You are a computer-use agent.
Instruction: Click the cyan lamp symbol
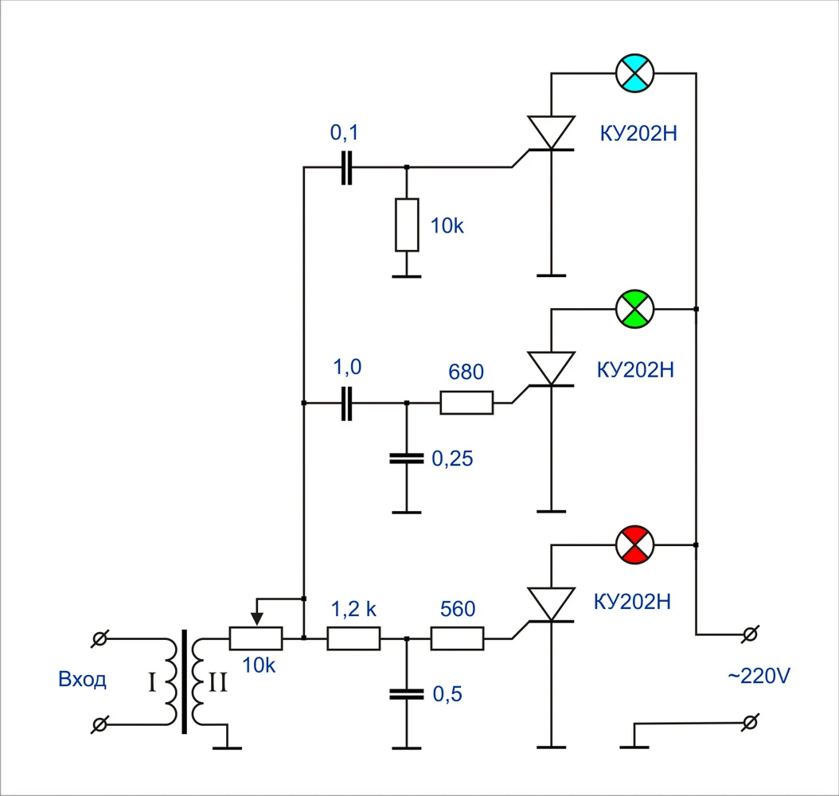pyautogui.click(x=635, y=73)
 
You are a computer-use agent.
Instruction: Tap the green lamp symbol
pyautogui.click(x=635, y=308)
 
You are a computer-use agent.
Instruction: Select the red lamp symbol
pyautogui.click(x=635, y=544)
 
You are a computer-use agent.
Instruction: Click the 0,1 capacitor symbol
pyautogui.click(x=345, y=167)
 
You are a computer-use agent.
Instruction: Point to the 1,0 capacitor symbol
pyautogui.click(x=345, y=403)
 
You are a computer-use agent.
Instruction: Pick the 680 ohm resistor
pyautogui.click(x=466, y=403)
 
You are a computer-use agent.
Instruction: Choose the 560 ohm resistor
pyautogui.click(x=457, y=638)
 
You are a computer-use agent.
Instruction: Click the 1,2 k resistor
pyautogui.click(x=353, y=638)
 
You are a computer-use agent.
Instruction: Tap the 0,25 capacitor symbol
pyautogui.click(x=407, y=458)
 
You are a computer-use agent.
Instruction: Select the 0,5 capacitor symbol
pyautogui.click(x=407, y=694)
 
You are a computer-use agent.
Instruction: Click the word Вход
pyautogui.click(x=82, y=680)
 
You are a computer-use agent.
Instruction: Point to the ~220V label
pyautogui.click(x=759, y=677)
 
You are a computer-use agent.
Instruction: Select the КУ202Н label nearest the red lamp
pyautogui.click(x=633, y=601)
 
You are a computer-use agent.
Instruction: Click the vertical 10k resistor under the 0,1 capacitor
pyautogui.click(x=407, y=224)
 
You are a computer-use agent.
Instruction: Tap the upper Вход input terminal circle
pyautogui.click(x=100, y=638)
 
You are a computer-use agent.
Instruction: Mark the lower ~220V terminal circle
pyautogui.click(x=748, y=723)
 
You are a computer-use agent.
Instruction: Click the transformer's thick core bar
pyautogui.click(x=185, y=681)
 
